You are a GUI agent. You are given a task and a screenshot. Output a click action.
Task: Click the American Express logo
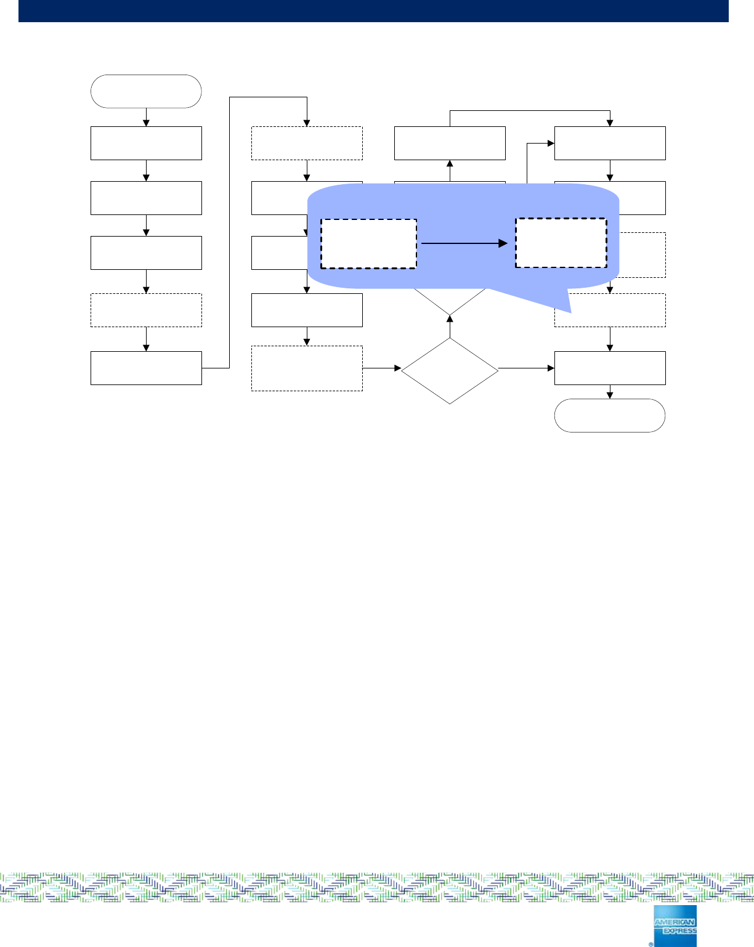tap(675, 925)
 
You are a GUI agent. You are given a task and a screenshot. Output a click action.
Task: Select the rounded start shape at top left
tap(146, 91)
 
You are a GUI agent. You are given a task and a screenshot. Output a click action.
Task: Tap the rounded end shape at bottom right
tap(610, 415)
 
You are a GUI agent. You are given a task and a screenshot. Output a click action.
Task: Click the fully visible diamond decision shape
tap(450, 371)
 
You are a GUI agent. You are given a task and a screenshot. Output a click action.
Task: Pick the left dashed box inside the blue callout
tap(368, 243)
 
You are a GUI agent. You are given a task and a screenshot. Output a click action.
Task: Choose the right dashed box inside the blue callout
tap(561, 243)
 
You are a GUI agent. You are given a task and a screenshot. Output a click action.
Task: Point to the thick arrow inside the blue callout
tap(464, 243)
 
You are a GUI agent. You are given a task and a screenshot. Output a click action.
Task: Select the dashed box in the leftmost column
tap(146, 310)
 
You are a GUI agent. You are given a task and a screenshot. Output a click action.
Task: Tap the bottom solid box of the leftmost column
tap(146, 368)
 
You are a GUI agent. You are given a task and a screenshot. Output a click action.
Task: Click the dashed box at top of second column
tap(307, 143)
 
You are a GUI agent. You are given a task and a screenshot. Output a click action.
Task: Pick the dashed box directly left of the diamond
tap(307, 368)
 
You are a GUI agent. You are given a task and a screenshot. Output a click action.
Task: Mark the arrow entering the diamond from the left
tap(382, 368)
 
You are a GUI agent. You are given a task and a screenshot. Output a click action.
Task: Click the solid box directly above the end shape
tap(610, 368)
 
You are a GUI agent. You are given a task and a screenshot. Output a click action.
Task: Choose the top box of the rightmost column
tap(610, 143)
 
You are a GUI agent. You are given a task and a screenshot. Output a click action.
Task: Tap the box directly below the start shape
tap(146, 143)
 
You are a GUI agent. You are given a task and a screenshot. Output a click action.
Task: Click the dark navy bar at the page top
tap(373, 10)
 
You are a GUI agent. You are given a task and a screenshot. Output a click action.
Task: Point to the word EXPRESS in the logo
tap(675, 931)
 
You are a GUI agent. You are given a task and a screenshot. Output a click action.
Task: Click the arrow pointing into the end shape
tap(610, 392)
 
